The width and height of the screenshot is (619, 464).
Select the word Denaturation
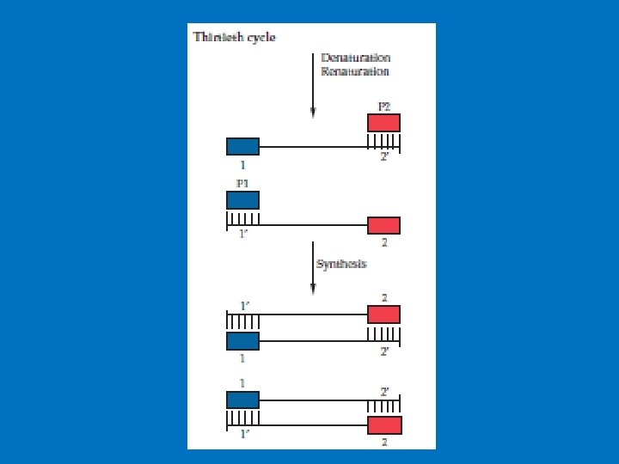tap(355, 58)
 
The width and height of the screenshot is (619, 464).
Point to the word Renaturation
tap(355, 71)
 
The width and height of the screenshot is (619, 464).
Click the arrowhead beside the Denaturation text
tap(313, 113)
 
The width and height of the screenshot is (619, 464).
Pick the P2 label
tap(384, 107)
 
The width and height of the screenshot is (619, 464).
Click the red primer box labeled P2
tap(383, 122)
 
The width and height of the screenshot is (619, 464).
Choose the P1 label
tap(242, 183)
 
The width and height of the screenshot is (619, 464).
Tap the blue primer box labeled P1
tap(242, 199)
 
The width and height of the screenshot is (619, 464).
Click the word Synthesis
tap(341, 264)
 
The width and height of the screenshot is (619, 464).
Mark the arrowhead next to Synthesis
tap(313, 290)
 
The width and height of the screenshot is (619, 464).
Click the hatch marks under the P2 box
tap(383, 140)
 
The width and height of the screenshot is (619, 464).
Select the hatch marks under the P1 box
tap(242, 217)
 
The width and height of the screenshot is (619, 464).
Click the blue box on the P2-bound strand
tap(242, 146)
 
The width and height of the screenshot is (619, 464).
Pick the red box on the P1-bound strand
tap(383, 225)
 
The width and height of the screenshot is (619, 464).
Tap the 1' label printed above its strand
tap(244, 304)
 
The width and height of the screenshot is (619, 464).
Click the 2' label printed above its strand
tap(384, 391)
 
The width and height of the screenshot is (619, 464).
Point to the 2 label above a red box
tap(384, 297)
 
